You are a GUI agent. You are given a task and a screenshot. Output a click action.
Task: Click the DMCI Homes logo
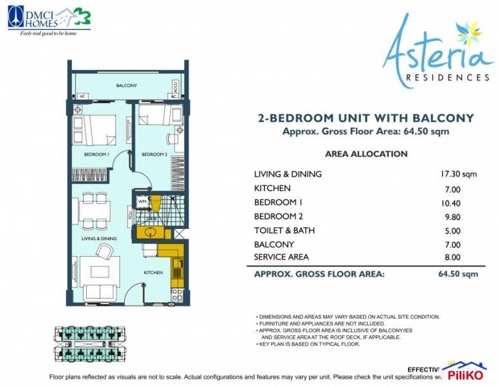tap(49, 19)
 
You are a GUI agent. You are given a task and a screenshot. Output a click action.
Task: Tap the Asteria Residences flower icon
tap(467, 33)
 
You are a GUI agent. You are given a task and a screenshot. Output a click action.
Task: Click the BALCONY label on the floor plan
tap(126, 86)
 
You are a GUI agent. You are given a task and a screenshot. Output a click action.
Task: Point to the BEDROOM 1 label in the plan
tap(97, 154)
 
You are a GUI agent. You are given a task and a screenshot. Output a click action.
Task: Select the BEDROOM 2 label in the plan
tap(154, 154)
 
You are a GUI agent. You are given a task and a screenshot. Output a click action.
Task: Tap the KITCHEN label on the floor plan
tap(153, 272)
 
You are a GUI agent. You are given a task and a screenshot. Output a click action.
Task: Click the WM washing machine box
tap(141, 201)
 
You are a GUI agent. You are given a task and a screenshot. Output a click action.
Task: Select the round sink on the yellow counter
tap(151, 232)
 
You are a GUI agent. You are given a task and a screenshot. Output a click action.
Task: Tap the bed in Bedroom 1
tap(97, 129)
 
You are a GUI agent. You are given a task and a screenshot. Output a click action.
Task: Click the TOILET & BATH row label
tap(284, 230)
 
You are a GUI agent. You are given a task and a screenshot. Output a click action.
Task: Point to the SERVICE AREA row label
tap(281, 257)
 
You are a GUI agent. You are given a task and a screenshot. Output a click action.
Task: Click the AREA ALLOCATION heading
tap(366, 154)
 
